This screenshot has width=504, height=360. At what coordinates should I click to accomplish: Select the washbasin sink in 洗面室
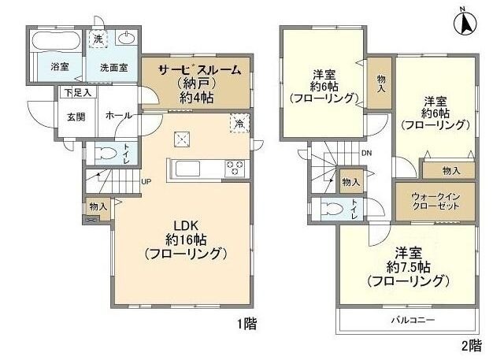[126, 38]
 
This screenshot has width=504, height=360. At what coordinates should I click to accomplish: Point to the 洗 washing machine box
[98, 39]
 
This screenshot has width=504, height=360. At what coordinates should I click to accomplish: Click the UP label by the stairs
[146, 182]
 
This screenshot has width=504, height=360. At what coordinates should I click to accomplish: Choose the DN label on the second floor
[366, 153]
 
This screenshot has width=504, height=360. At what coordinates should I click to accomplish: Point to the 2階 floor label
[470, 344]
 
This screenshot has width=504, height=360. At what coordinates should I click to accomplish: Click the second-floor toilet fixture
[332, 209]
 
